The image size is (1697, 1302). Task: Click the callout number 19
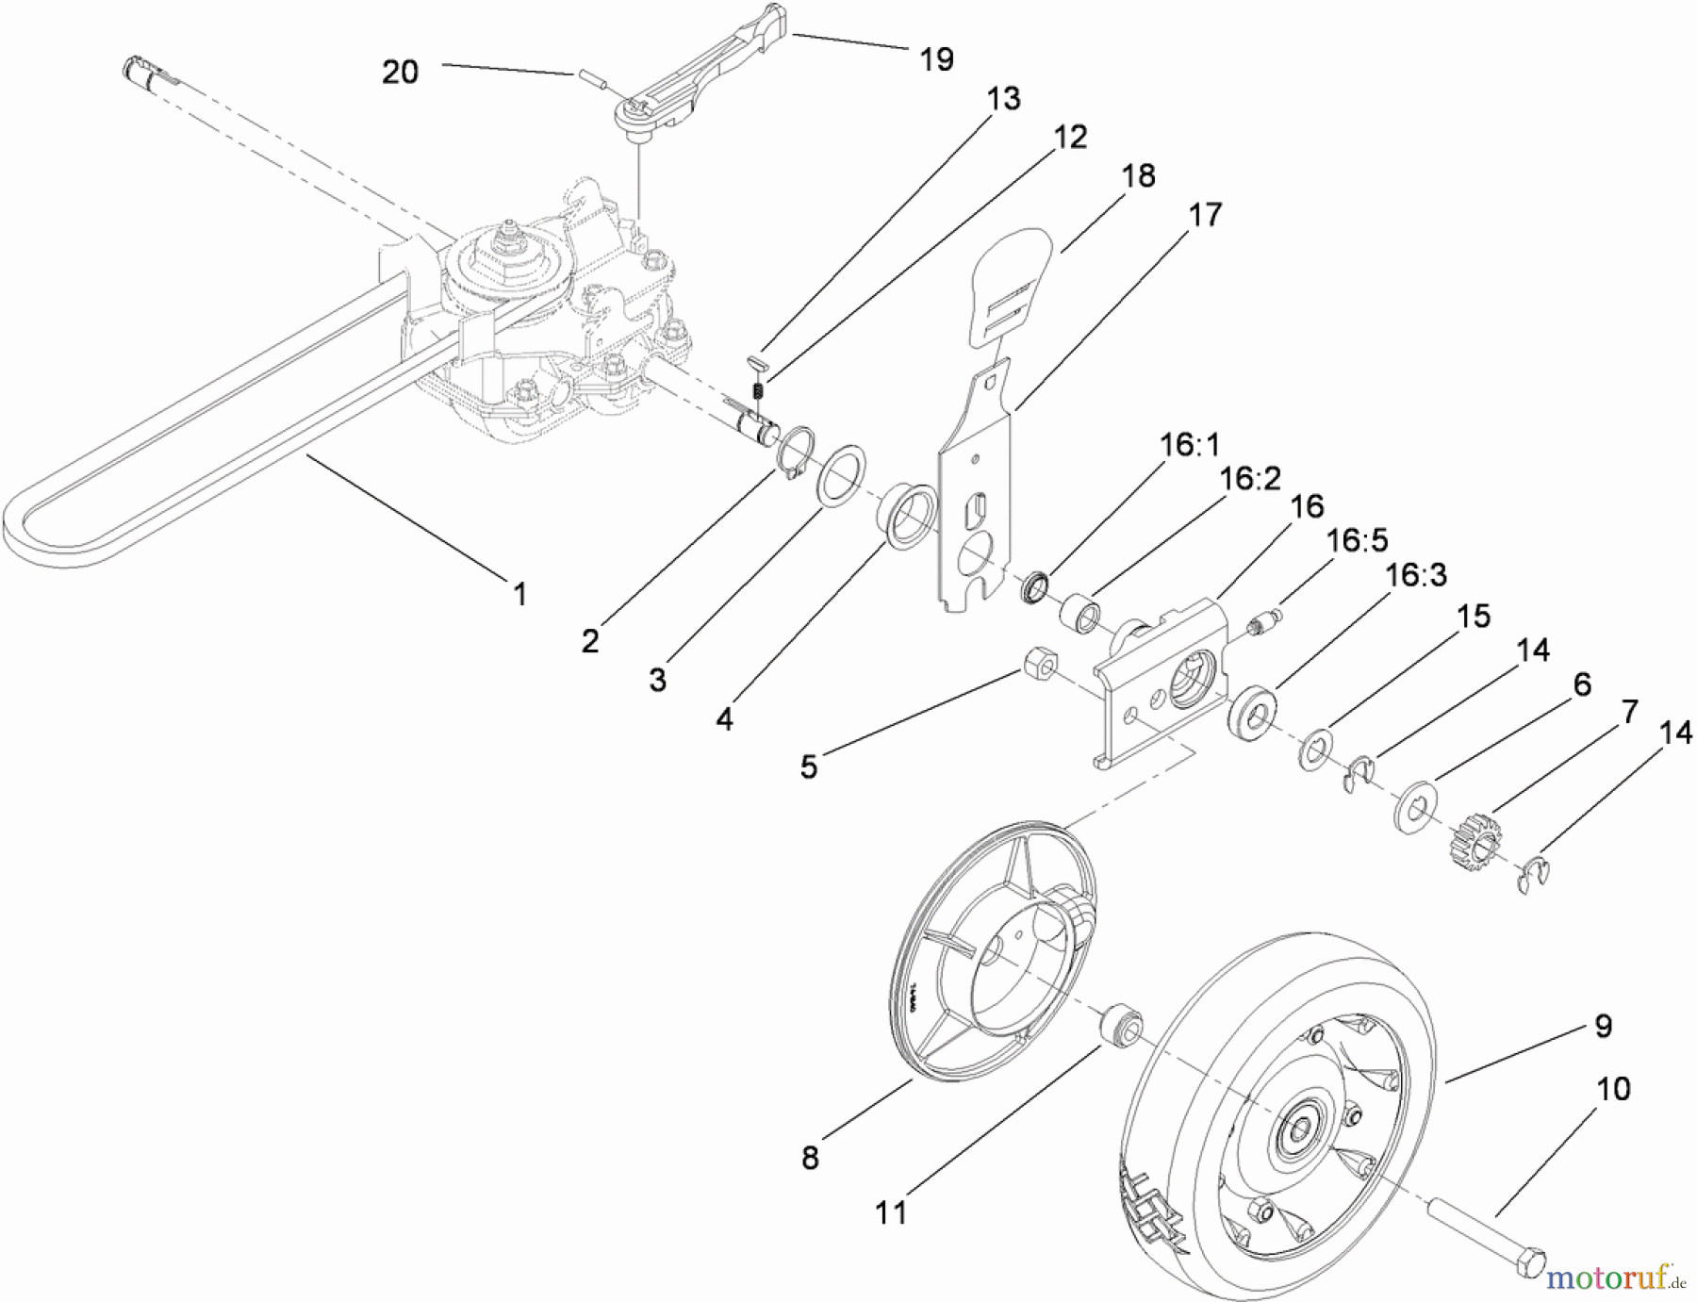(x=935, y=59)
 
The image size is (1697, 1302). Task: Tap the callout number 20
(x=400, y=72)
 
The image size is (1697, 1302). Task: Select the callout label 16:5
(x=1357, y=540)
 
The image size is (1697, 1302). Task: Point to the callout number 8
(x=810, y=1157)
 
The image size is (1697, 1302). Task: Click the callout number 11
(x=891, y=1211)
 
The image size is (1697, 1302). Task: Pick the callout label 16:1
(x=1189, y=444)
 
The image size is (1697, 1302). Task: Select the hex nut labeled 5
(x=1039, y=667)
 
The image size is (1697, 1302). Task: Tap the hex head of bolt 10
(x=1531, y=1263)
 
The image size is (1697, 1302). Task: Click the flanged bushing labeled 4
(x=908, y=515)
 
